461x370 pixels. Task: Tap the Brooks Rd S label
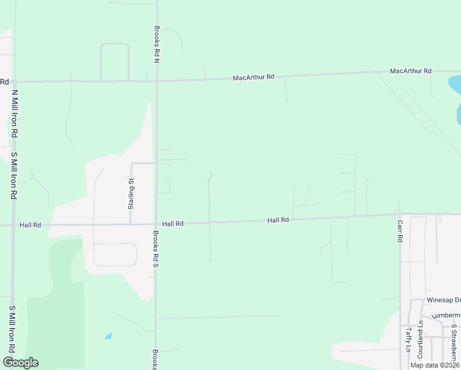click(157, 250)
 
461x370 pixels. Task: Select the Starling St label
click(131, 193)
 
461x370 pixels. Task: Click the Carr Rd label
click(400, 231)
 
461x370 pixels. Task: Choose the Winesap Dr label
click(443, 300)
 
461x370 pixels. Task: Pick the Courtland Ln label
click(420, 336)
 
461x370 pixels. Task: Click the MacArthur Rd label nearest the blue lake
click(410, 72)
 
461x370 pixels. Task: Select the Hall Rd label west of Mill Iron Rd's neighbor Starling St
click(30, 225)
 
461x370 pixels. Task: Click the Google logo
click(20, 363)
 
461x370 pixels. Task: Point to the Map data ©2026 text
click(434, 365)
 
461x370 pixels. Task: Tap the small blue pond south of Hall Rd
click(108, 336)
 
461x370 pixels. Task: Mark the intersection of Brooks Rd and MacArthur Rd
click(157, 81)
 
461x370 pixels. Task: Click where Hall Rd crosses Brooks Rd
click(155, 224)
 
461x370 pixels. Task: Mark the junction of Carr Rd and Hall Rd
click(400, 215)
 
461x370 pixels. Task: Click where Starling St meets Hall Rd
click(131, 224)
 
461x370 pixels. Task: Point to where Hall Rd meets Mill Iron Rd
click(13, 225)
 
